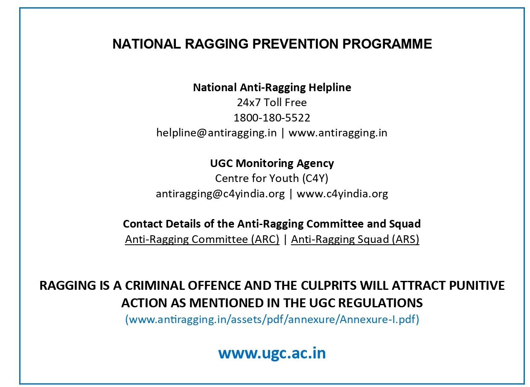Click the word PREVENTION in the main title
click(x=295, y=44)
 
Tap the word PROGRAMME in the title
click(x=387, y=44)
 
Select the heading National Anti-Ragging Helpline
click(x=272, y=88)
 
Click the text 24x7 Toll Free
click(x=272, y=103)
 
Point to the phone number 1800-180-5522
click(x=272, y=118)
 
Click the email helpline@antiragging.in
click(x=216, y=133)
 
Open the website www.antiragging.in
click(x=338, y=133)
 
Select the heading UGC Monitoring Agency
click(x=272, y=164)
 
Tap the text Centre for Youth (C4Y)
click(x=272, y=179)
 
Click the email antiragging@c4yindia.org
click(x=220, y=194)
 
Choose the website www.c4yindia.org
click(x=342, y=194)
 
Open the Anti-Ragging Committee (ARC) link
click(x=202, y=240)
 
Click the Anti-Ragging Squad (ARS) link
click(x=355, y=240)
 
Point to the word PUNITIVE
click(x=477, y=286)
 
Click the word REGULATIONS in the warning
click(x=381, y=303)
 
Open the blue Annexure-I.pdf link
click(x=272, y=319)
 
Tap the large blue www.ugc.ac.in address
click(x=272, y=353)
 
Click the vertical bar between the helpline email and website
click(x=283, y=133)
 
